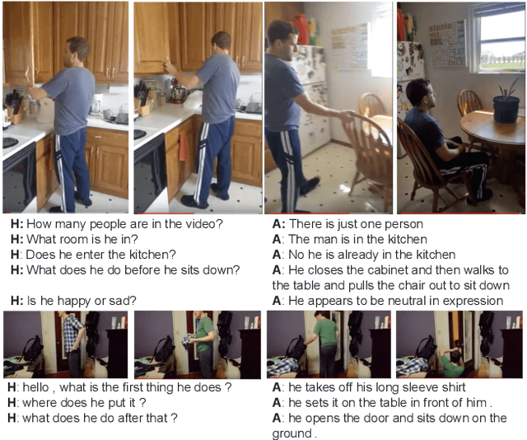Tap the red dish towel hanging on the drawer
coord(183,145)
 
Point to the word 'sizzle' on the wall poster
coord(441,27)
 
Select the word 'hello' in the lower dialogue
coord(35,387)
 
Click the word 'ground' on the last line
coord(291,433)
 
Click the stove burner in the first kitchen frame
coord(10,143)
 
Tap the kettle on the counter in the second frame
coord(178,92)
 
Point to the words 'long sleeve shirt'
coord(421,387)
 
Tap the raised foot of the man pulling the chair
coord(310,186)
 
